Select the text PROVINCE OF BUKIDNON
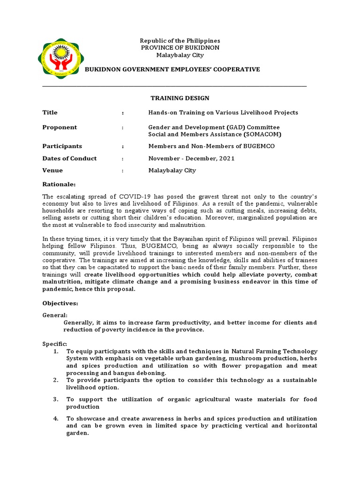[x=180, y=48]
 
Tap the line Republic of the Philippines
[x=180, y=41]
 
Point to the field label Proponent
[x=60, y=127]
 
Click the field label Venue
[x=52, y=170]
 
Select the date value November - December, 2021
[x=191, y=158]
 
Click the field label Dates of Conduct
[x=69, y=158]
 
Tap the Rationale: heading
[x=59, y=184]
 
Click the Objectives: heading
[x=60, y=303]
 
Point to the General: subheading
[x=55, y=315]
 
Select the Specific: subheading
[x=55, y=344]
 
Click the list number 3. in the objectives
[x=56, y=399]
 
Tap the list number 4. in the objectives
[x=56, y=419]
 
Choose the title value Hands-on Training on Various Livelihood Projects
[x=223, y=112]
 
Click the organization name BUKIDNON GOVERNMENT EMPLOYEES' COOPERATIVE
[x=172, y=69]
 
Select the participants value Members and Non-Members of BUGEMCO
[x=211, y=146]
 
